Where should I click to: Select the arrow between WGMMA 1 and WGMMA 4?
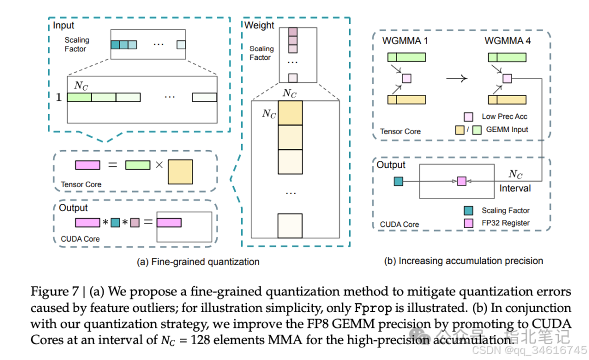click(x=456, y=78)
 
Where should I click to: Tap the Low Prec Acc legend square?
click(x=468, y=117)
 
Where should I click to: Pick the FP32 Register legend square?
click(x=468, y=223)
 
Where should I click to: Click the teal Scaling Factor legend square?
click(x=468, y=211)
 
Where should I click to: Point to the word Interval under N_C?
click(x=515, y=188)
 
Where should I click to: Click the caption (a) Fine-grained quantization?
click(x=198, y=262)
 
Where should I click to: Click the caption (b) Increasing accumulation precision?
click(x=464, y=261)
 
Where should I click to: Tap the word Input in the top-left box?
click(x=64, y=25)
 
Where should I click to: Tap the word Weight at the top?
click(x=260, y=25)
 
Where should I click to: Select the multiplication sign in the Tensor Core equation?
click(x=159, y=165)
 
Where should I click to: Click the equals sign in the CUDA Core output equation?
click(x=148, y=223)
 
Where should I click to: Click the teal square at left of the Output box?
click(x=398, y=181)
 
